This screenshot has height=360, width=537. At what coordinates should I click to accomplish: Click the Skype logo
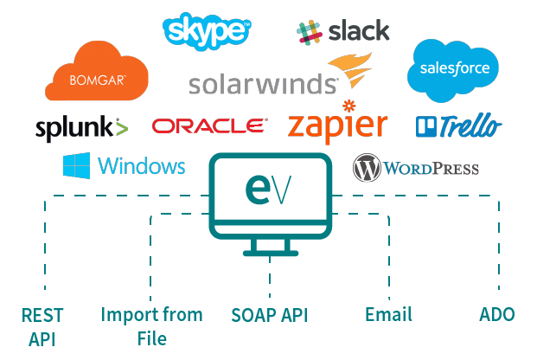click(x=207, y=31)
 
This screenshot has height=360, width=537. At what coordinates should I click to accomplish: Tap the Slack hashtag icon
click(x=309, y=33)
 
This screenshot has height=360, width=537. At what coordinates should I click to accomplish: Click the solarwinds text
click(x=263, y=84)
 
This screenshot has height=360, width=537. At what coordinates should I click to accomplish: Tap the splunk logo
click(x=81, y=128)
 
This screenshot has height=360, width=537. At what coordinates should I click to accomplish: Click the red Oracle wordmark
click(x=209, y=126)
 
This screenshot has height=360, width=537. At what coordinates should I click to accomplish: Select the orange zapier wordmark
click(x=337, y=125)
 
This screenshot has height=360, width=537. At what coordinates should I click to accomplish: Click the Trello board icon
click(x=425, y=127)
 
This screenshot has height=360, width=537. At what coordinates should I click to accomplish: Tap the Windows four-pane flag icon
click(x=77, y=165)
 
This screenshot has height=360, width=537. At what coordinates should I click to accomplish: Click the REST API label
click(x=42, y=325)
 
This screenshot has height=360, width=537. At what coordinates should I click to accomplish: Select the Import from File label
click(x=151, y=325)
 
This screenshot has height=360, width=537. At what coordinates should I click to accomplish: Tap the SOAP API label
click(x=269, y=315)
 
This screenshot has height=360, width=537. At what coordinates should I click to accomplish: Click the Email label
click(x=388, y=314)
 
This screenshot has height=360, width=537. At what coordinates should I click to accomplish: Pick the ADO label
click(x=497, y=314)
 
